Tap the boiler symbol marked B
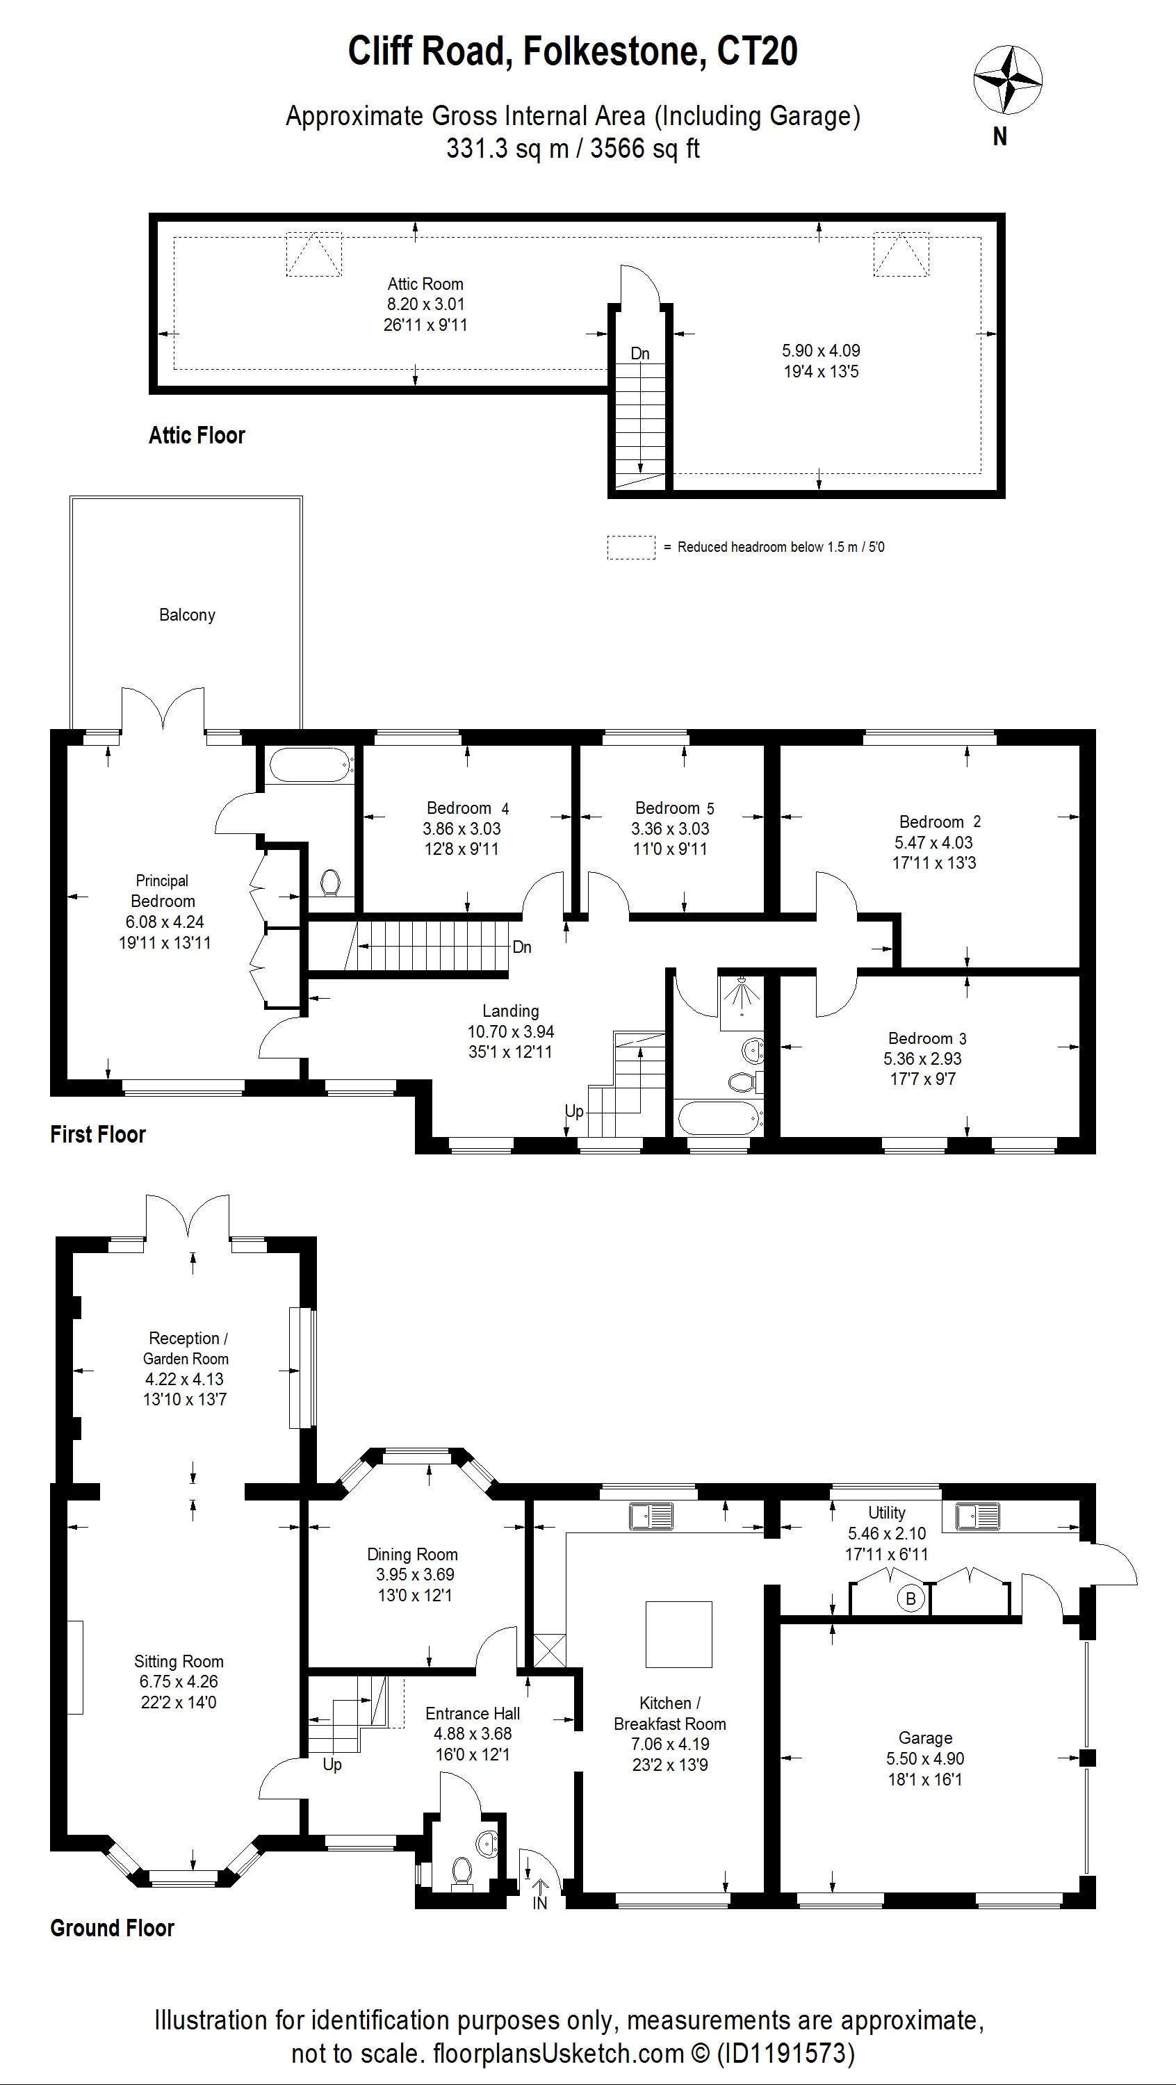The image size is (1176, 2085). coord(910,1598)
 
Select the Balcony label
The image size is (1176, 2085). coord(187,615)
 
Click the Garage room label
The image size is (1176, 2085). coord(925,1737)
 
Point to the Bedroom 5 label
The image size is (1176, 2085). coord(674,808)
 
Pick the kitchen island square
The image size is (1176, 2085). coord(678,1634)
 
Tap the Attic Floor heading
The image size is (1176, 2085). coord(197,436)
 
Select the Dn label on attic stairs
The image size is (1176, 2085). coord(640,353)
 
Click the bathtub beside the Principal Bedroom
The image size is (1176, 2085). coord(311,763)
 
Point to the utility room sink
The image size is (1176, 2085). coord(978,1516)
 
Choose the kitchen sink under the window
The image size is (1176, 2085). coord(651,1516)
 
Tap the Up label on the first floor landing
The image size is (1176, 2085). coord(574,1111)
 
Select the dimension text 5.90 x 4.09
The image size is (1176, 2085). coord(821,350)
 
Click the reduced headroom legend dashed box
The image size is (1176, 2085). coord(631,547)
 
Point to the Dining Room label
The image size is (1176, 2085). coord(412,1554)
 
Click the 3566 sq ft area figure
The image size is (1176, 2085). coord(645,149)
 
